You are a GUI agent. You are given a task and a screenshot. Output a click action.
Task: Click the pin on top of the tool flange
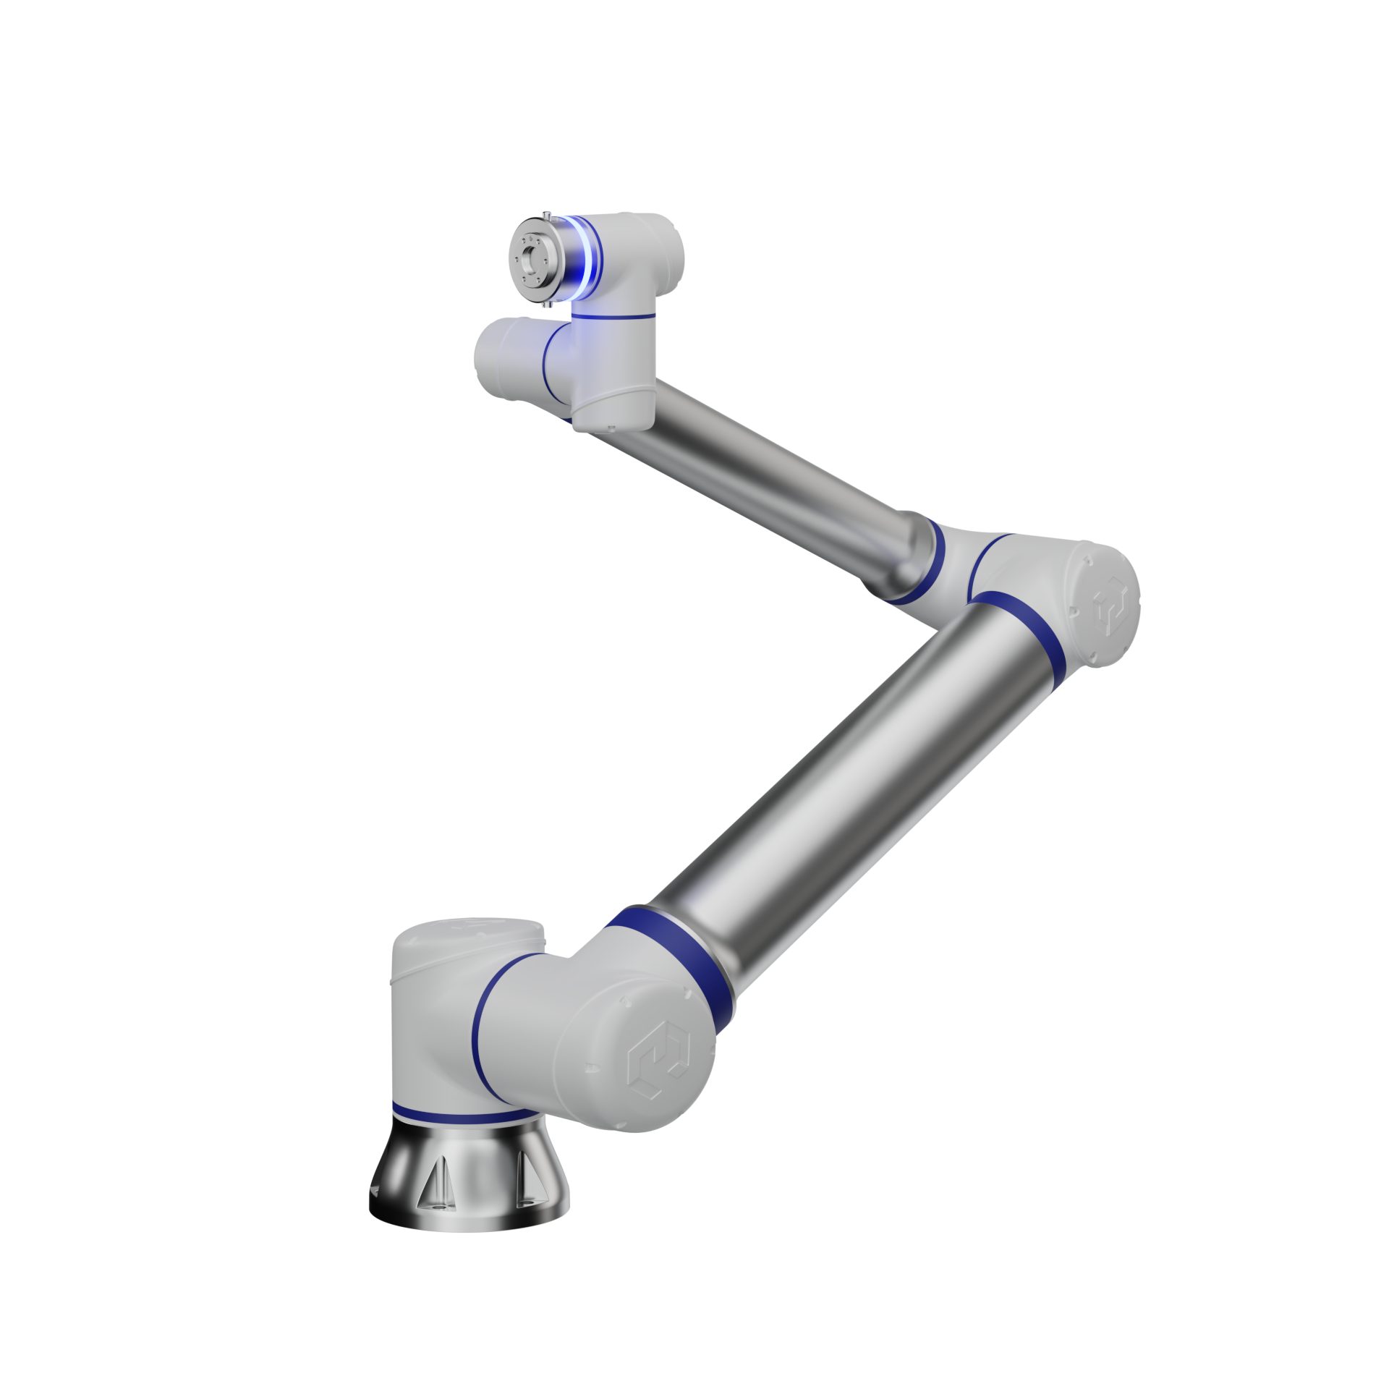(548, 213)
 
